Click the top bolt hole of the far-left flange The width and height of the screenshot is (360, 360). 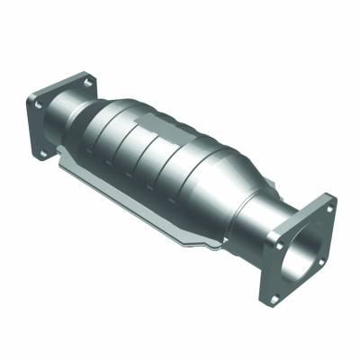click(x=87, y=82)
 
